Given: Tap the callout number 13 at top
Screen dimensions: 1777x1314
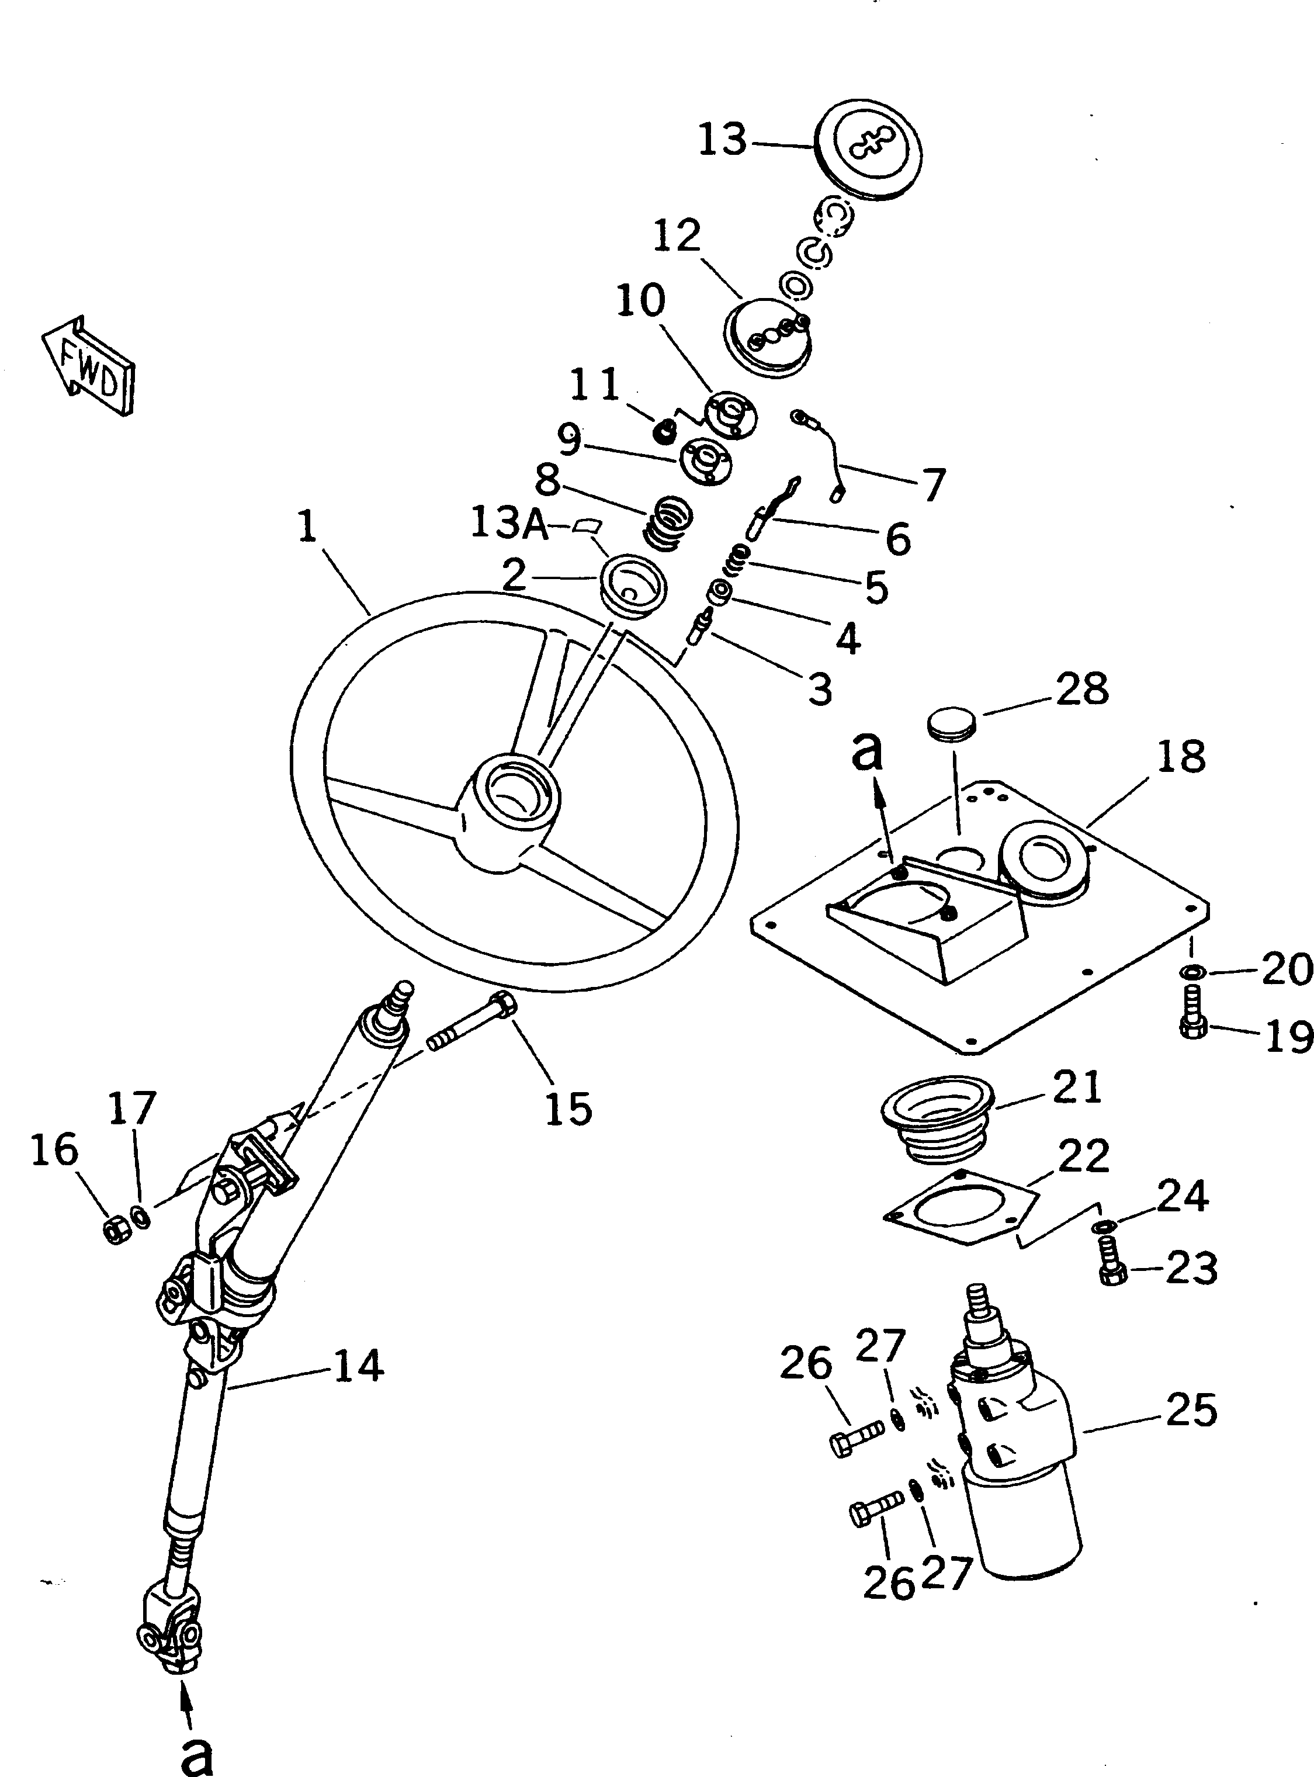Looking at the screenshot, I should [722, 140].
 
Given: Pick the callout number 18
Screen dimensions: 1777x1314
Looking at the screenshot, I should [1180, 757].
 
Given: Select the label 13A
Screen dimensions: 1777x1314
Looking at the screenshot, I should [509, 524].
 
